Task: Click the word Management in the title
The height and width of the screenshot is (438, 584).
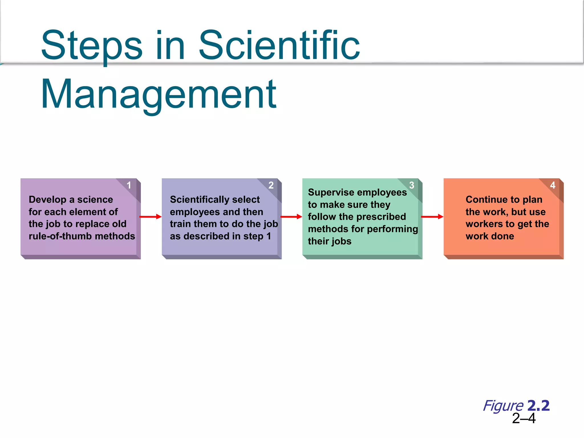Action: pyautogui.click(x=159, y=94)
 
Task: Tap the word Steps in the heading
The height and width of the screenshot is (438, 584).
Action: pyautogui.click(x=92, y=46)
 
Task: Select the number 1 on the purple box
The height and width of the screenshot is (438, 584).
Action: pyautogui.click(x=129, y=185)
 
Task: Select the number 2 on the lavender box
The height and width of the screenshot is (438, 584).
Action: pyautogui.click(x=271, y=185)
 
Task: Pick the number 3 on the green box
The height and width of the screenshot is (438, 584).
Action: pyautogui.click(x=411, y=185)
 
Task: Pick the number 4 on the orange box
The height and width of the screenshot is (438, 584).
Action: pyautogui.click(x=553, y=185)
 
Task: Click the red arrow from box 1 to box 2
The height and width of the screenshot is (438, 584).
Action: pyautogui.click(x=151, y=217)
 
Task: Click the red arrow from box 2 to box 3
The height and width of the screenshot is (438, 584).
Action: pyautogui.click(x=291, y=217)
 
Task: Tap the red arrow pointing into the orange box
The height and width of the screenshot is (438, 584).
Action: pyautogui.click(x=432, y=217)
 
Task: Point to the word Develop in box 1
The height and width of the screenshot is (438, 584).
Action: pyautogui.click(x=47, y=200)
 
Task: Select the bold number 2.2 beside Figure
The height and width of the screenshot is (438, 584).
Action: pyautogui.click(x=538, y=405)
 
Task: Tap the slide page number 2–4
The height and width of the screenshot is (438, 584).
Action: pyautogui.click(x=524, y=418)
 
